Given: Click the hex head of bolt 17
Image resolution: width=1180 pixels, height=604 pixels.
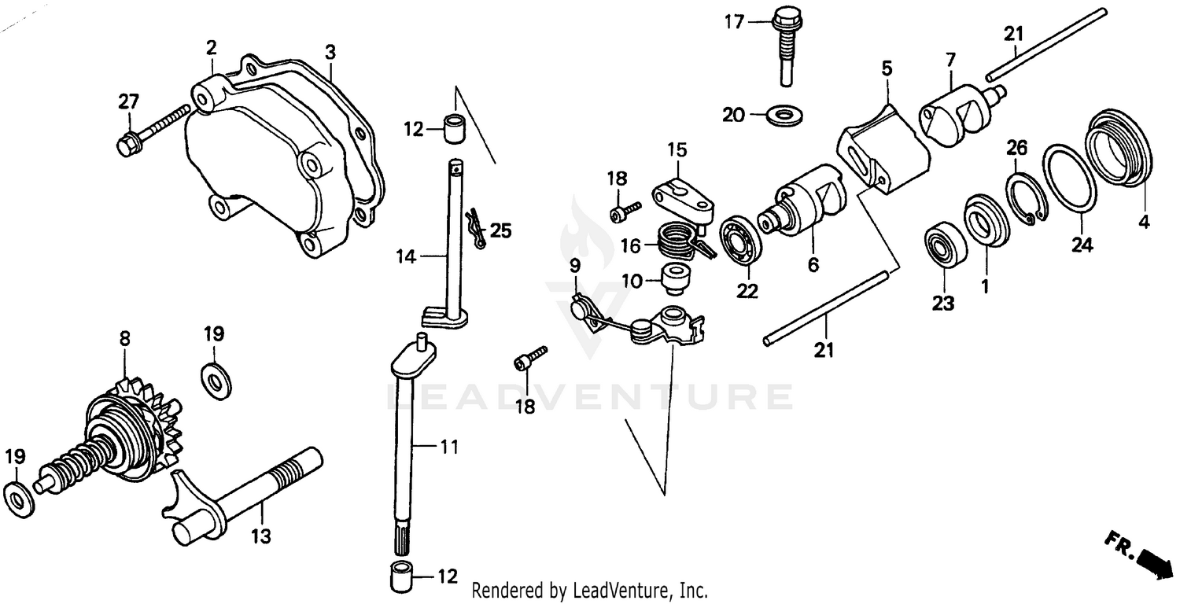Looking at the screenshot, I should (784, 17).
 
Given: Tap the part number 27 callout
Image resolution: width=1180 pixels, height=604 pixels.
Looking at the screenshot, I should (128, 101).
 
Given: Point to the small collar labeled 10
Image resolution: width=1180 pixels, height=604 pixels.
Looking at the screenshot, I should (674, 278).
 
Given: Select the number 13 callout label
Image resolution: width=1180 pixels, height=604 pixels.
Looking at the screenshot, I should (261, 536).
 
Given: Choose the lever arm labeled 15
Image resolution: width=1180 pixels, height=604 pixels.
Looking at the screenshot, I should (684, 197).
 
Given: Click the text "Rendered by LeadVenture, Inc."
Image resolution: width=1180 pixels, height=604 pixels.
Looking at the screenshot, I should (590, 590).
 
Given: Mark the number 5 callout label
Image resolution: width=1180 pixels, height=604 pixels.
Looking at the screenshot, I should (887, 68).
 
